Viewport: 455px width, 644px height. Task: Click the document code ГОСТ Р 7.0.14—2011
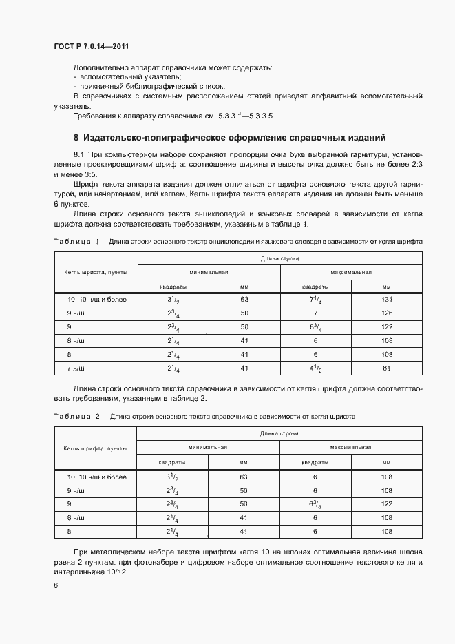pos(91,46)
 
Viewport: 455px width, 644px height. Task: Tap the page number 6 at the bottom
pos(56,585)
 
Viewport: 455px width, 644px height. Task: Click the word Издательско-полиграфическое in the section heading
pos(153,136)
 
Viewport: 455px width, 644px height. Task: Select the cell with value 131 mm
pos(386,300)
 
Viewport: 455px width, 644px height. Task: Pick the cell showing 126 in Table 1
pos(386,313)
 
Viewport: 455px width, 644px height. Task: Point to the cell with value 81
pos(386,368)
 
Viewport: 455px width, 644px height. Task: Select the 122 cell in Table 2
pos(386,504)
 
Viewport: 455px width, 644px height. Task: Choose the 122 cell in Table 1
pos(386,326)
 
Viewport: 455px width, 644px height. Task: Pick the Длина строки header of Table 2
pos(279,433)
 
